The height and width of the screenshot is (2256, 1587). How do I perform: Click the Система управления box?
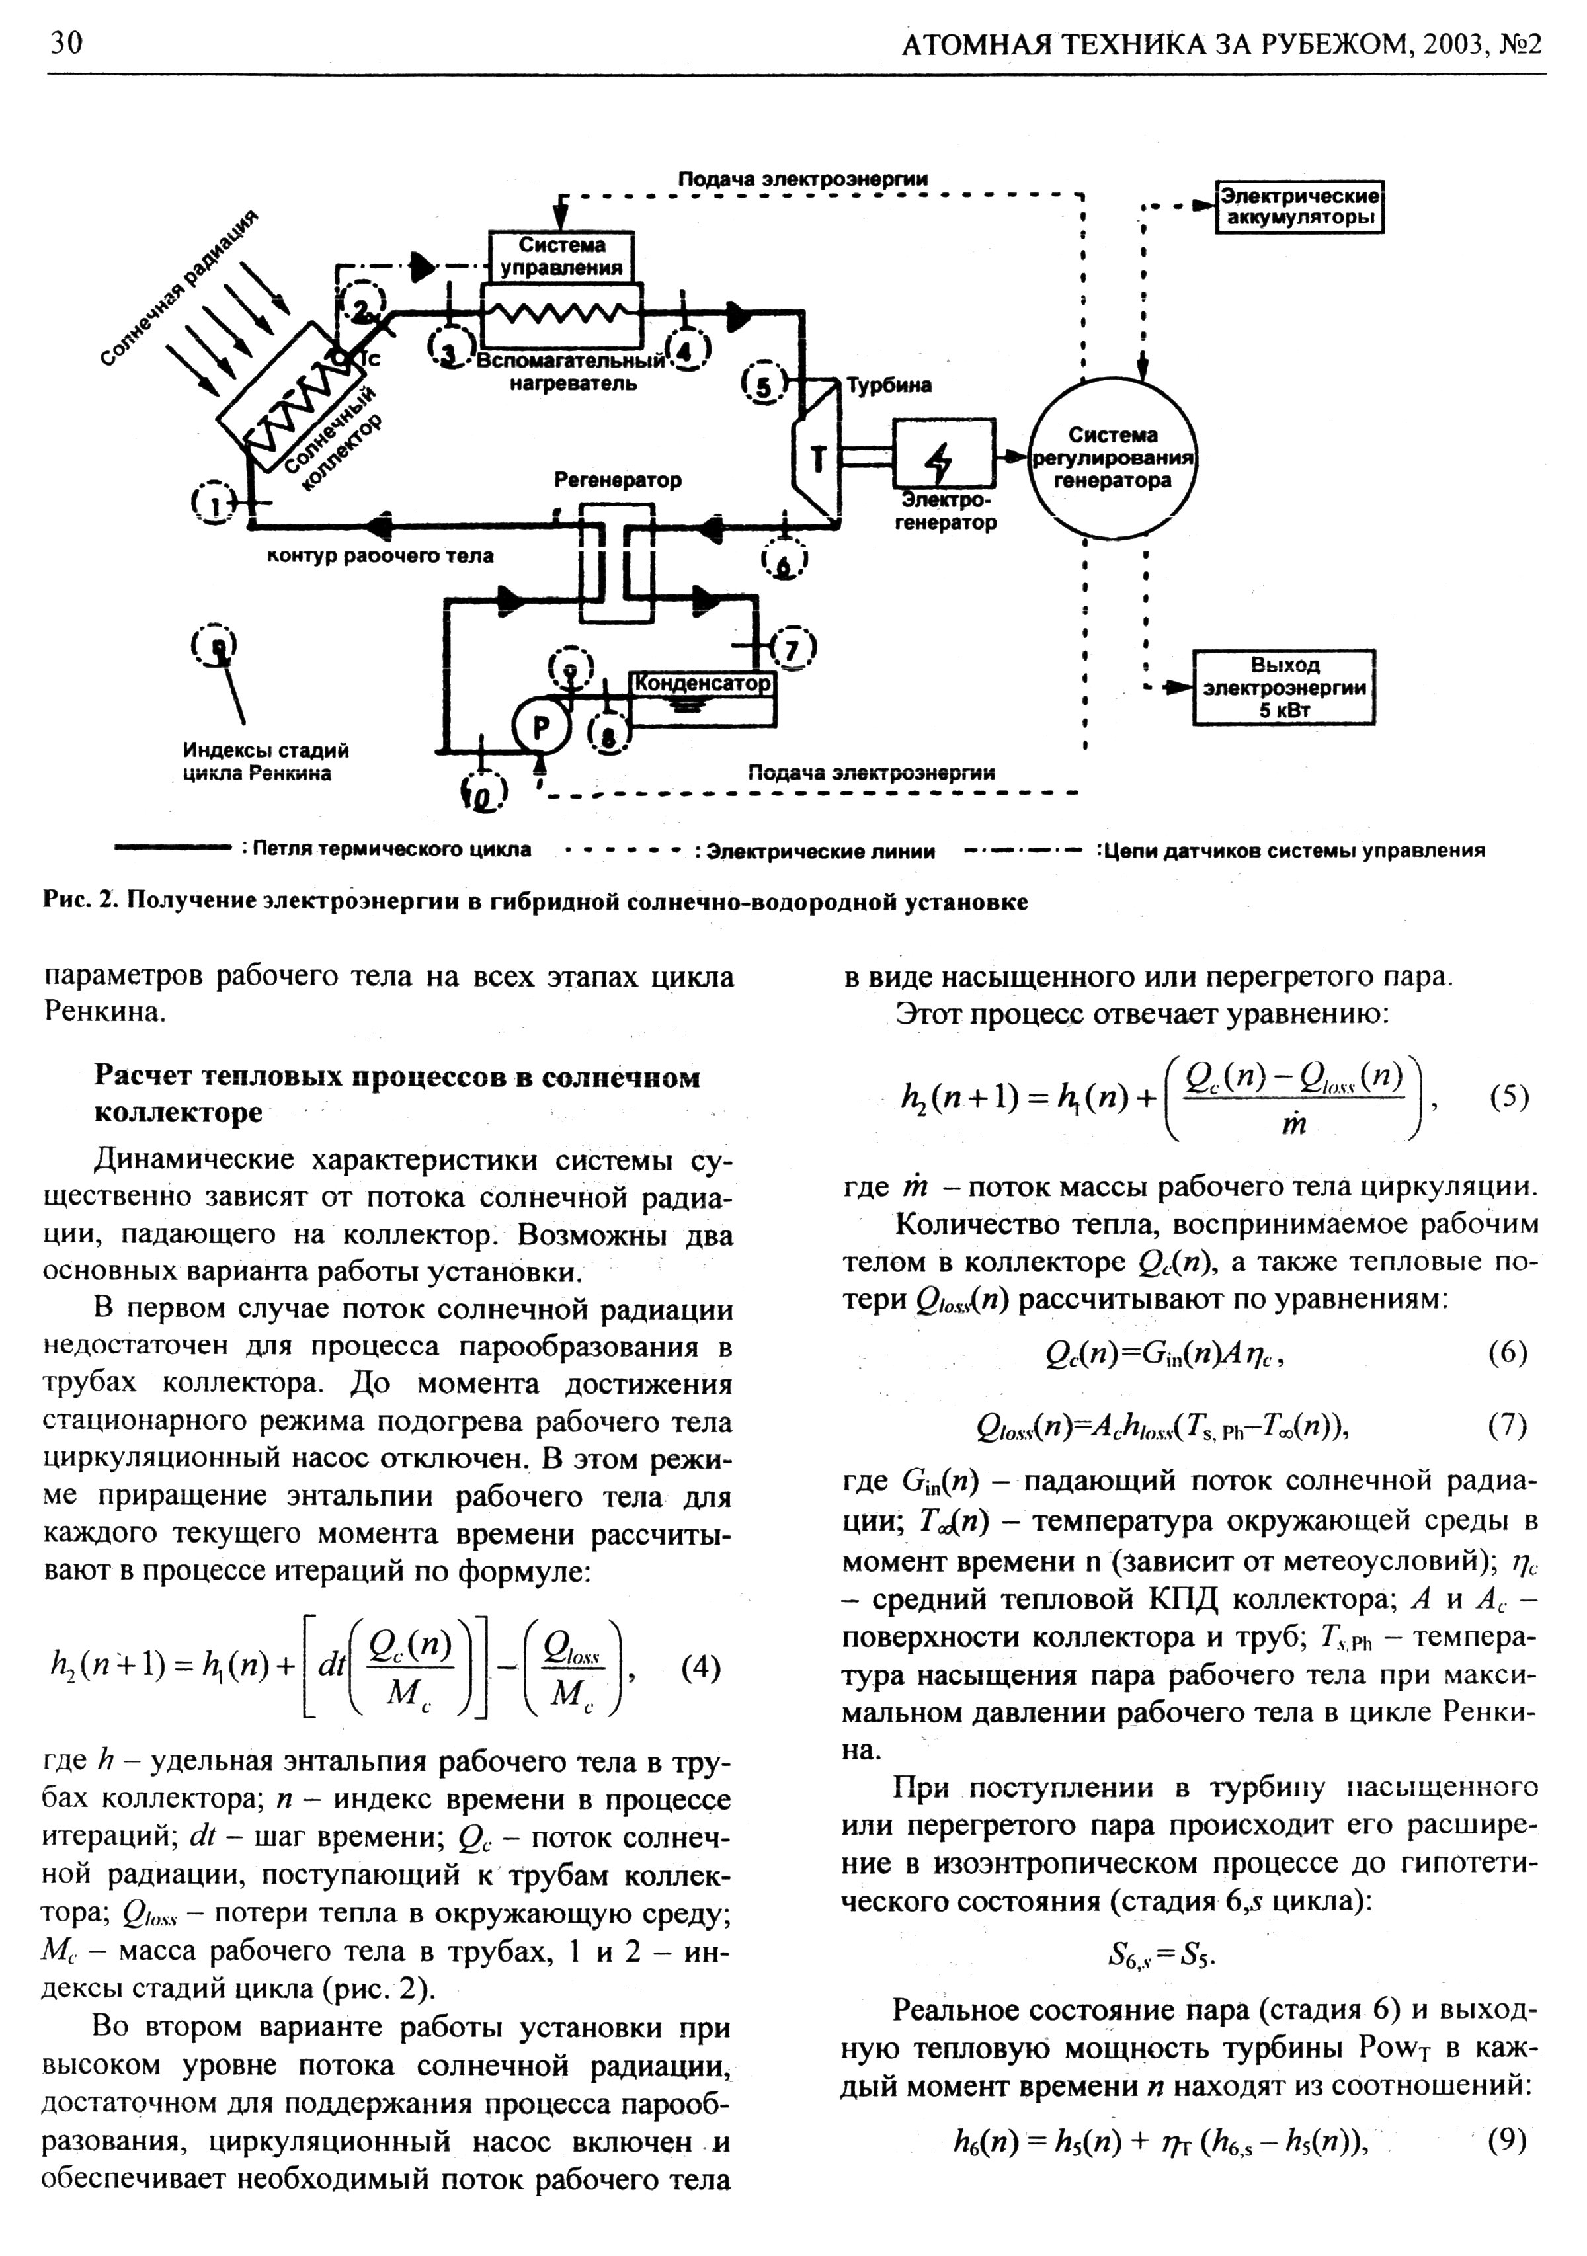coord(562,257)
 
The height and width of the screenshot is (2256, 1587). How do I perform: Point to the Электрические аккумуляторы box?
coord(1299,206)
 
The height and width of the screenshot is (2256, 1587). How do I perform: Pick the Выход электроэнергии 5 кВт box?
coord(1283,687)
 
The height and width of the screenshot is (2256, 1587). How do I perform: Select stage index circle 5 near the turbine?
coord(764,384)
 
